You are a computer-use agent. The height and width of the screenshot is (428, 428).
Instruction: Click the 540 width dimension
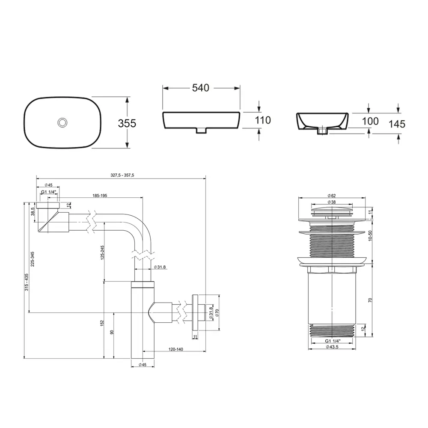pyautogui.click(x=201, y=88)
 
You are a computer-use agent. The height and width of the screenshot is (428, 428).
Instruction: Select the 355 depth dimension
pyautogui.click(x=127, y=123)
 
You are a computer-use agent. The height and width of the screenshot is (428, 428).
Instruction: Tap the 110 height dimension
pyautogui.click(x=263, y=120)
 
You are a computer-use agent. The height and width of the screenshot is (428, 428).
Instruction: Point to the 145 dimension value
pyautogui.click(x=397, y=124)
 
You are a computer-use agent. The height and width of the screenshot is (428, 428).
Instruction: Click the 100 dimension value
pyautogui.click(x=370, y=121)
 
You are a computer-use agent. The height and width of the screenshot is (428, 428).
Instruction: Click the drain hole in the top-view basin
pyautogui.click(x=62, y=122)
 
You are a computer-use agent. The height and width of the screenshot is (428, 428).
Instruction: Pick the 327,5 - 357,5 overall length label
pyautogui.click(x=122, y=175)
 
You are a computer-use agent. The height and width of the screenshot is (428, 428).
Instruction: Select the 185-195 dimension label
pyautogui.click(x=100, y=196)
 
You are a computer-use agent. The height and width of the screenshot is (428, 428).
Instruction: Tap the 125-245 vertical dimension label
pyautogui.click(x=102, y=253)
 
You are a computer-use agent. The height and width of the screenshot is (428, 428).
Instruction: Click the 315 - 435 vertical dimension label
pyautogui.click(x=27, y=282)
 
